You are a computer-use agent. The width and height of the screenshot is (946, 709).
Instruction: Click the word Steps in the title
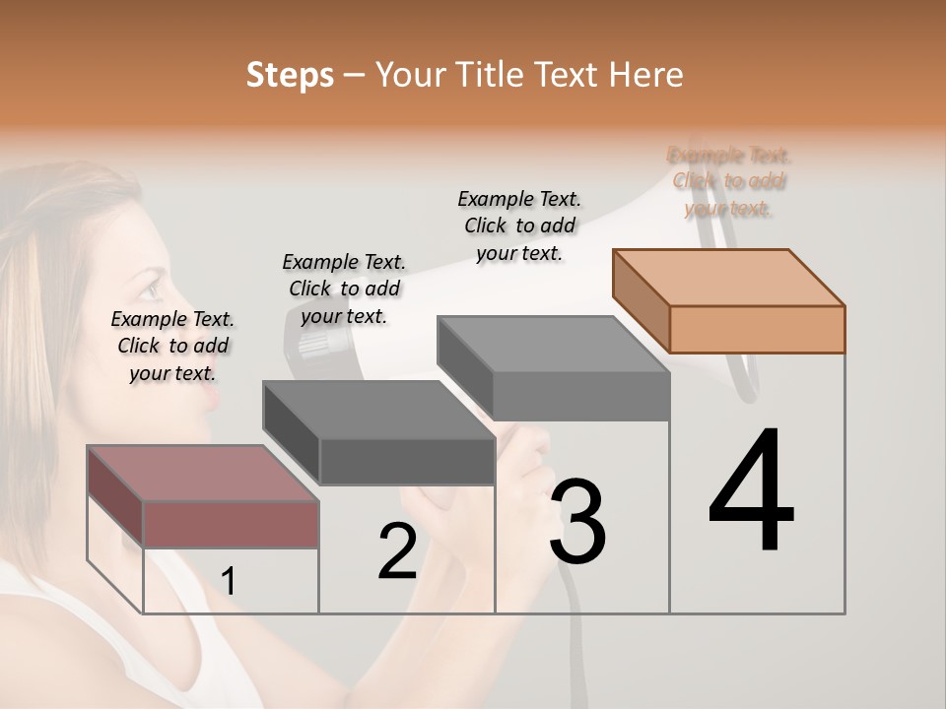(x=290, y=76)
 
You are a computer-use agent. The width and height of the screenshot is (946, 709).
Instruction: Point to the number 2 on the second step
(x=397, y=551)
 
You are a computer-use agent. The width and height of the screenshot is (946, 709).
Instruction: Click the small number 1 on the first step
(x=229, y=582)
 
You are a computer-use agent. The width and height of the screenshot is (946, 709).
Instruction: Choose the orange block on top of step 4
(x=729, y=302)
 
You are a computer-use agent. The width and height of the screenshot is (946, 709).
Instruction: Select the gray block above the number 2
(x=379, y=433)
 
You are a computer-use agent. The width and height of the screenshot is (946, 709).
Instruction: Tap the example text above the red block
(x=172, y=346)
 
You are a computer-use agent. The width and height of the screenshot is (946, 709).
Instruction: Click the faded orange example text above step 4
(x=729, y=181)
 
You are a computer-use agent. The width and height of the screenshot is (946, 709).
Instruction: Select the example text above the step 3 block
(x=519, y=226)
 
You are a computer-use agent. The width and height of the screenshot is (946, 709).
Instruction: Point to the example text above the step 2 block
(x=344, y=289)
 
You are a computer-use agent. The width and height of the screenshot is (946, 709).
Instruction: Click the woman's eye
(x=148, y=289)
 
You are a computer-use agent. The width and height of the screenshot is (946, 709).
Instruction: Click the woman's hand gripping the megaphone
(x=522, y=473)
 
